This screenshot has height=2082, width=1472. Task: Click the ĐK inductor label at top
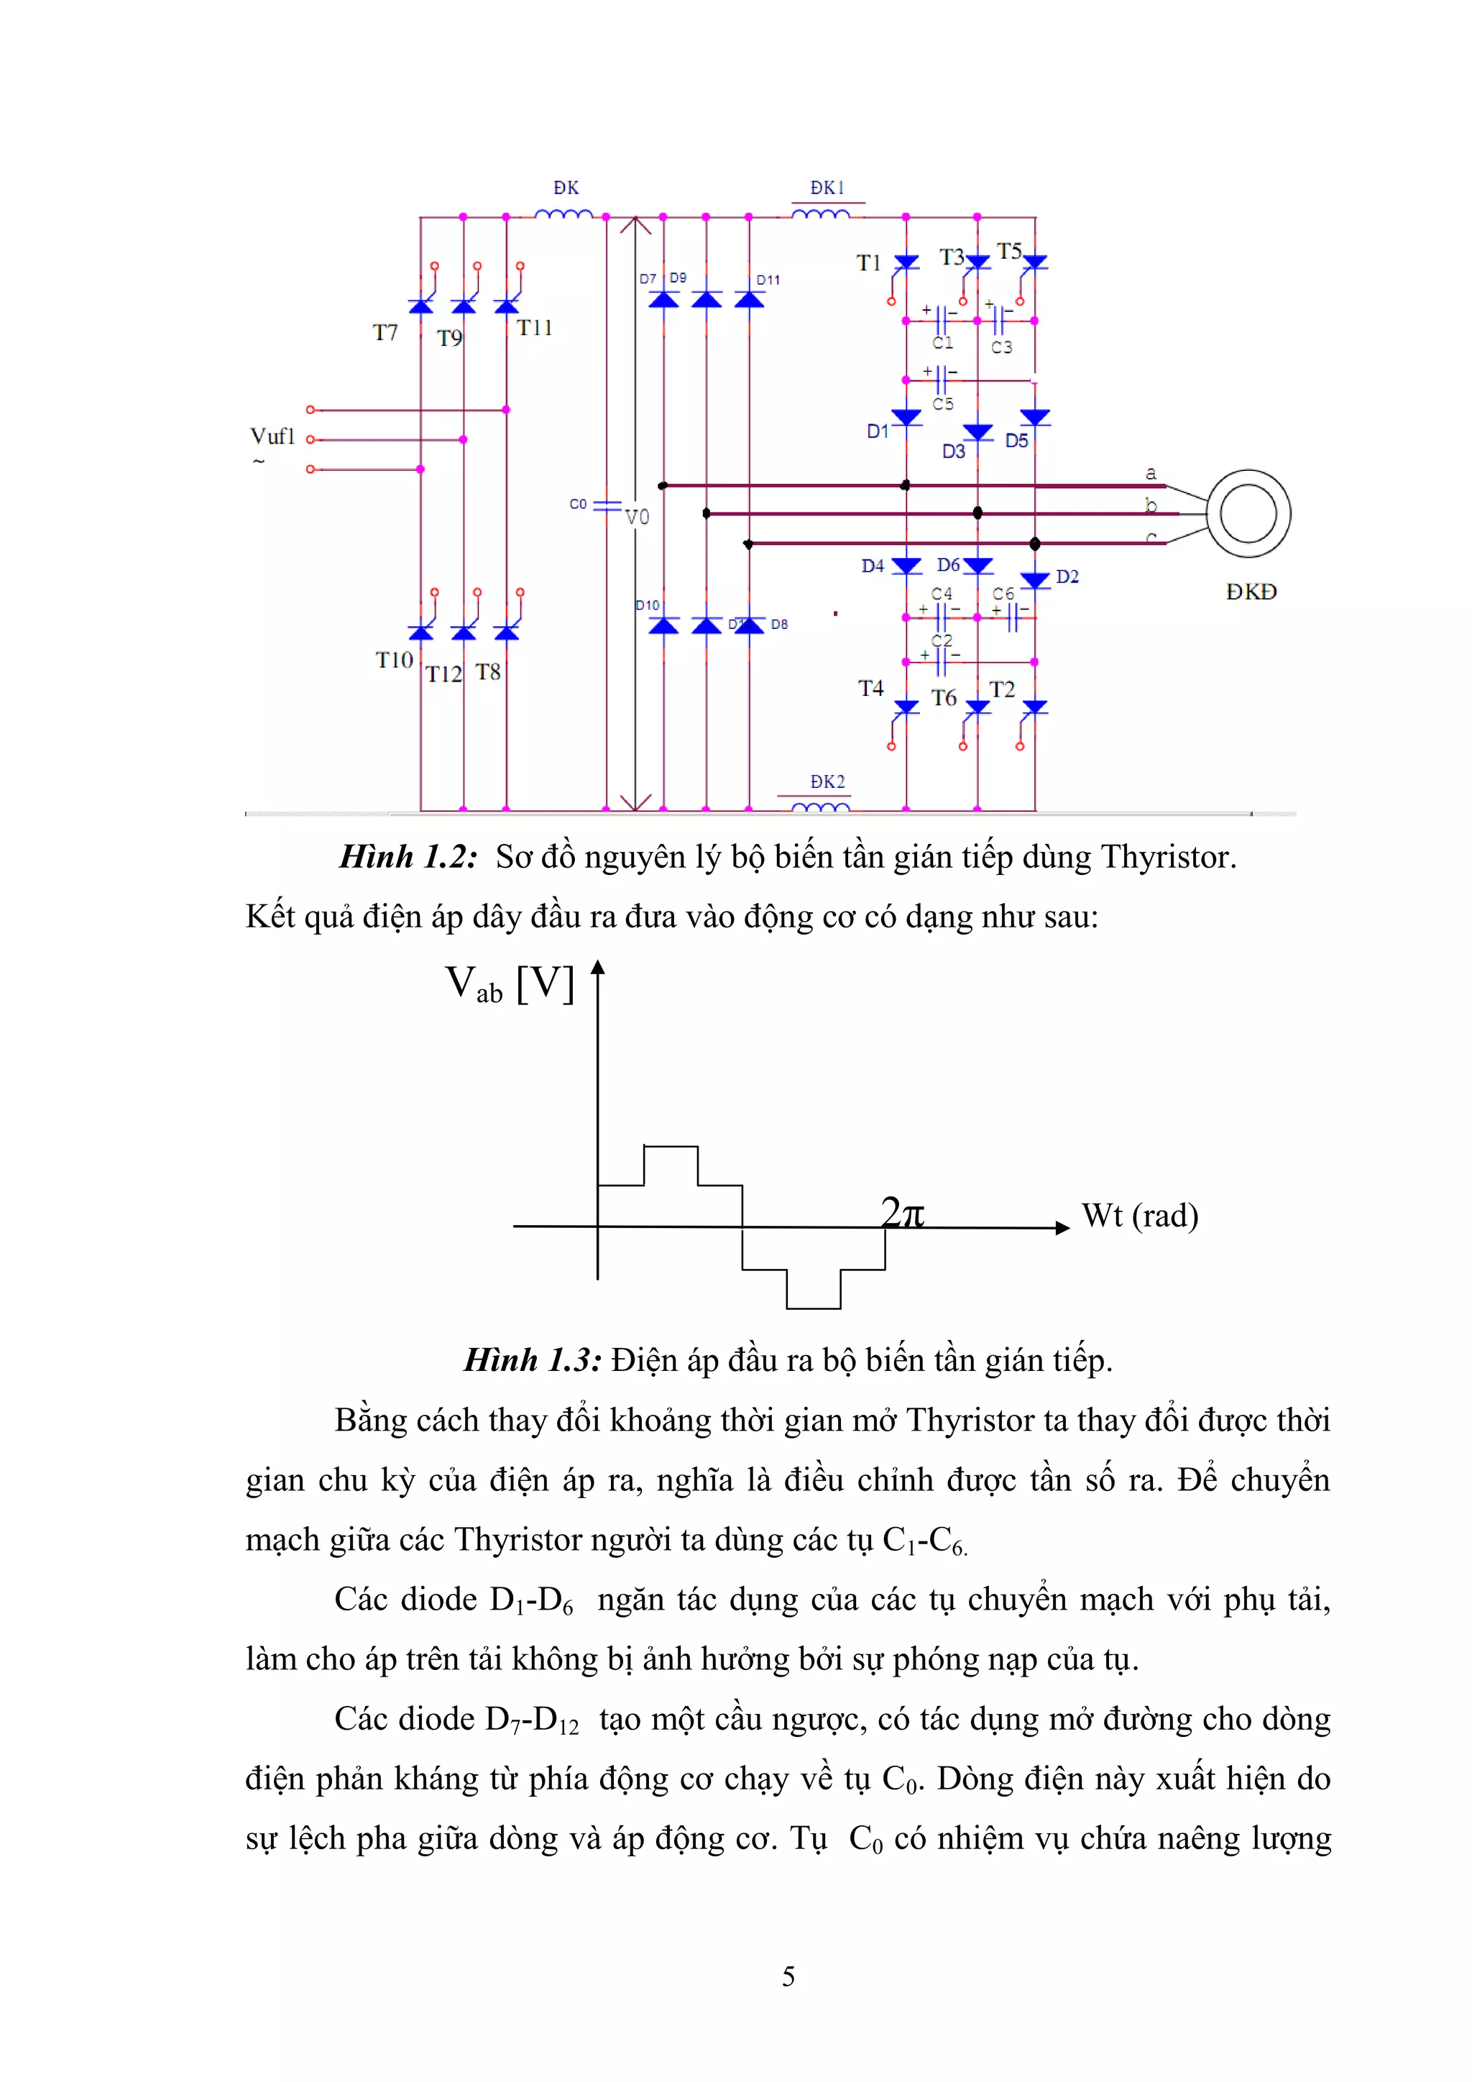tap(566, 188)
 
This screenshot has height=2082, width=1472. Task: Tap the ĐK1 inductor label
tap(827, 188)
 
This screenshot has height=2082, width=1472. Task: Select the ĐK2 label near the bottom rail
tap(827, 781)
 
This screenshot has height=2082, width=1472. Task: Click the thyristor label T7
tap(385, 333)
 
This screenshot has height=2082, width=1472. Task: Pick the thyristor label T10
tap(395, 660)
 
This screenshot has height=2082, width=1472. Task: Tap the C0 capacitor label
tap(577, 503)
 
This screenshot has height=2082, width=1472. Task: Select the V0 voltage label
tap(638, 517)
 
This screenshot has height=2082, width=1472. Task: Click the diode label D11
tap(768, 280)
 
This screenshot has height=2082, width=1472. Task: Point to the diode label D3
tap(954, 451)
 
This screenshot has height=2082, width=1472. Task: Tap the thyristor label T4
tap(870, 688)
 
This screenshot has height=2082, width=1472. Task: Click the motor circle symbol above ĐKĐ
tap(1249, 513)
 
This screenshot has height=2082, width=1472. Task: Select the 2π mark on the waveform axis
tap(903, 1212)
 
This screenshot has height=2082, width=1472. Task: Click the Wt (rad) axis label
tap(1139, 1215)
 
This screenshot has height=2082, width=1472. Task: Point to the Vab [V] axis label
tap(510, 984)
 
